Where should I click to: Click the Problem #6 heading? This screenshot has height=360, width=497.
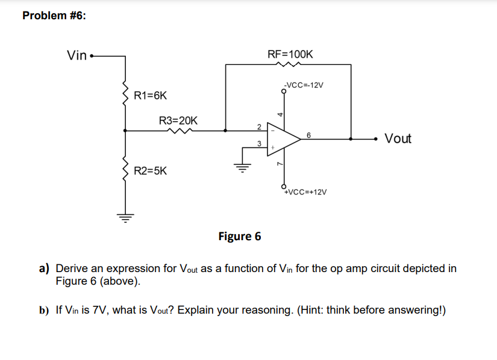54,16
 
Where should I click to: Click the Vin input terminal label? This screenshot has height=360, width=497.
77,56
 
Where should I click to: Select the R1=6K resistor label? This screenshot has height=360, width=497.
150,96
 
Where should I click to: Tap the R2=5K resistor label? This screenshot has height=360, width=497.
150,171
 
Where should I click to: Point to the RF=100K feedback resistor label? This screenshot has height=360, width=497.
290,54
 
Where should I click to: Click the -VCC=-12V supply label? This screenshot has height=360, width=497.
304,85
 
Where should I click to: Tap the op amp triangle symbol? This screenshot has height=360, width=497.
283,138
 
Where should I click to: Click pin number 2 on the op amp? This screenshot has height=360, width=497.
258,126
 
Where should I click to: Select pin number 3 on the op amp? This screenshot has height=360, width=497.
258,144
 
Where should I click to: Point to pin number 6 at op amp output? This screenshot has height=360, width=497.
308,135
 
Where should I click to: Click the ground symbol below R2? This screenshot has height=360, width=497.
125,217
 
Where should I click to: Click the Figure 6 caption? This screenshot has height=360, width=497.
239,236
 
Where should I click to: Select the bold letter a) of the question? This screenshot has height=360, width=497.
45,268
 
